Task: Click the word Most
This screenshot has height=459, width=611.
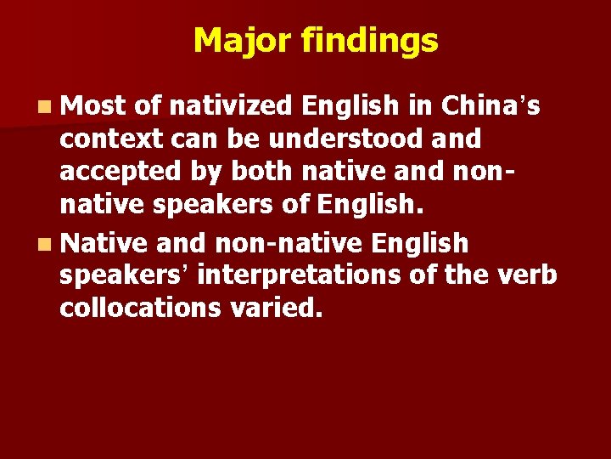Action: (93, 105)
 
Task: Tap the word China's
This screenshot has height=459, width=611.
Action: (485, 105)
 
